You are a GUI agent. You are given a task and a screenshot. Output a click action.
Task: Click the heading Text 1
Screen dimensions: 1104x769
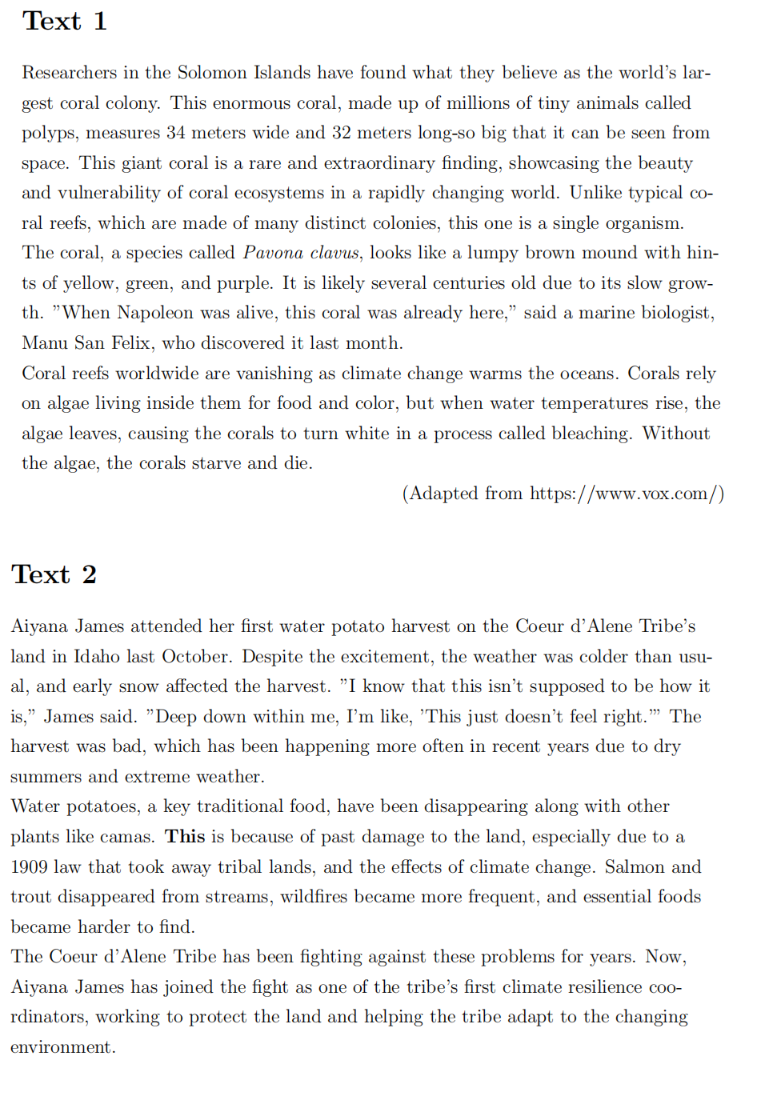[64, 21]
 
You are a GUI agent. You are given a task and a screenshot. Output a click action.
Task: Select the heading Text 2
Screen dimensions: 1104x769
[54, 574]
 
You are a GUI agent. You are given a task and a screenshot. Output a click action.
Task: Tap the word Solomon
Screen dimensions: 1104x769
[211, 73]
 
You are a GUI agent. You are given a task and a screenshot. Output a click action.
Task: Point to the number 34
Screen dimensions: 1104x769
[175, 133]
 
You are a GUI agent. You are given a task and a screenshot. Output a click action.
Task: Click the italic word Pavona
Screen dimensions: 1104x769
[273, 253]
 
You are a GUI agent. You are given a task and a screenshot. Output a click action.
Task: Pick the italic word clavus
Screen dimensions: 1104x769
[334, 253]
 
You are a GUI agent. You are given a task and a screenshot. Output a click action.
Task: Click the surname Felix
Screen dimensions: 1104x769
[130, 343]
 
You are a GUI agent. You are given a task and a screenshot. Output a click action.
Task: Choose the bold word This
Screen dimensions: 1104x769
[185, 837]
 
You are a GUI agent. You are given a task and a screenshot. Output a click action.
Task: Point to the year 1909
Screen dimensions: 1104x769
[31, 867]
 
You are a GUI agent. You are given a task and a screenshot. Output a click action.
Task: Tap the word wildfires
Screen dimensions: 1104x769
[314, 897]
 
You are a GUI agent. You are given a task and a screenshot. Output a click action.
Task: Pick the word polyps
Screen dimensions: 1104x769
[49, 134]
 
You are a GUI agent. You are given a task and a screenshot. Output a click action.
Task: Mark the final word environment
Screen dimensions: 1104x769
[62, 1047]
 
